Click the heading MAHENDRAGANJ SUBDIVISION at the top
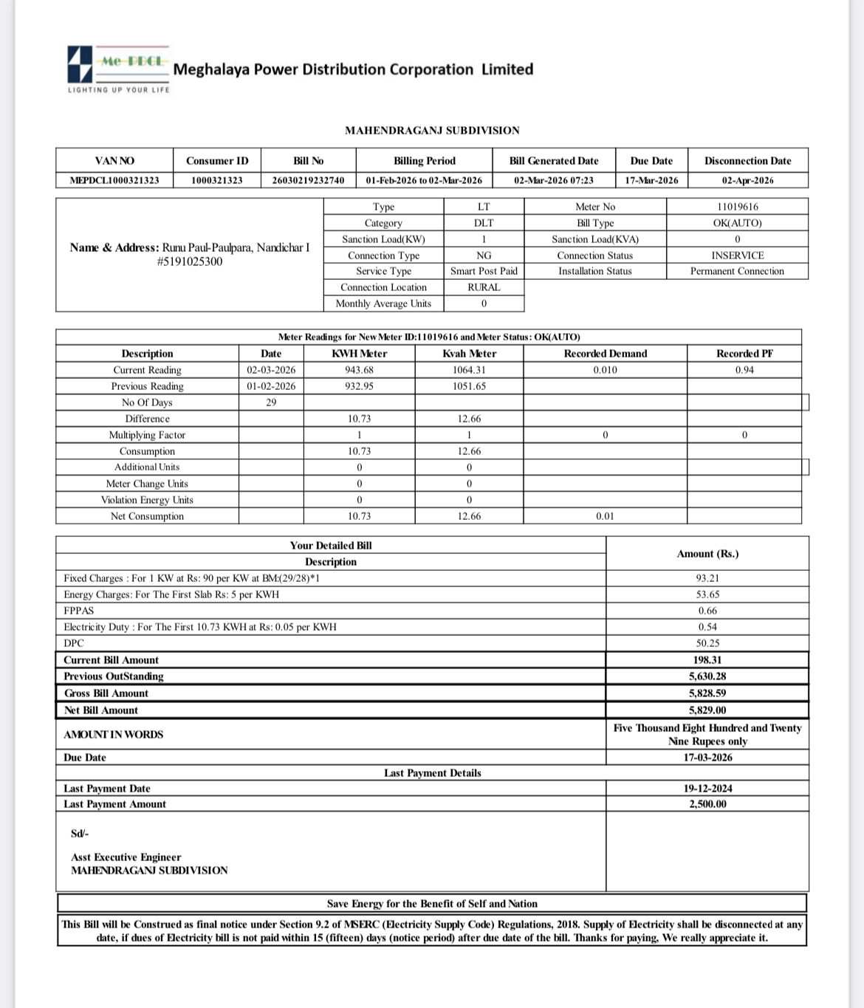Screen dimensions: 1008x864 pyautogui.click(x=432, y=131)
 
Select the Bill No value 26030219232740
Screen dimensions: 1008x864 pyautogui.click(x=308, y=180)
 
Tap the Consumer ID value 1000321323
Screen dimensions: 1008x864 pyautogui.click(x=216, y=180)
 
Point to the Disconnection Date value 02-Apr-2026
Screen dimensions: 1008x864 pyautogui.click(x=747, y=180)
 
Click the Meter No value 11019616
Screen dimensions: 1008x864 pyautogui.click(x=737, y=207)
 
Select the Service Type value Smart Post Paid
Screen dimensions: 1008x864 pyautogui.click(x=484, y=271)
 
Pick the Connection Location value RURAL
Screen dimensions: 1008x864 pyautogui.click(x=484, y=287)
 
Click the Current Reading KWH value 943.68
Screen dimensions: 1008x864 pyautogui.click(x=359, y=370)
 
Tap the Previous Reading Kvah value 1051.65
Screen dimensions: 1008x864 pyautogui.click(x=469, y=386)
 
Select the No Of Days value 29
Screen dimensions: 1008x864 pyautogui.click(x=271, y=402)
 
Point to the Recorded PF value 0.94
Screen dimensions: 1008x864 pyautogui.click(x=744, y=370)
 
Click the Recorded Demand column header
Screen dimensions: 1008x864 pyautogui.click(x=605, y=354)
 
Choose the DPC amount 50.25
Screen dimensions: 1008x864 pyautogui.click(x=707, y=643)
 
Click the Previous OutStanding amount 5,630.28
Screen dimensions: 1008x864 pyautogui.click(x=707, y=676)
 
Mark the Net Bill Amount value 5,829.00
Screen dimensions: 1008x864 pyautogui.click(x=707, y=710)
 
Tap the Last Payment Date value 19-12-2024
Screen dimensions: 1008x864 pyautogui.click(x=707, y=789)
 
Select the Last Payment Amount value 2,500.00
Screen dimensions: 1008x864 pyautogui.click(x=707, y=804)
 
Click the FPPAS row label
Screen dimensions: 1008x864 pyautogui.click(x=79, y=611)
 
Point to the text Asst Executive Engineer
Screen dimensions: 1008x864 pyautogui.click(x=126, y=857)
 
